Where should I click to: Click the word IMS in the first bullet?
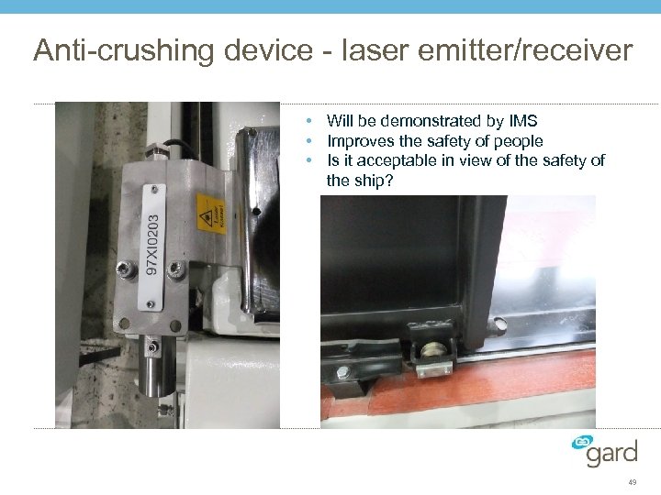pos(521,121)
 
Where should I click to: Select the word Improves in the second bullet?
pos(358,141)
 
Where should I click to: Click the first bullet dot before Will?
pos(313,121)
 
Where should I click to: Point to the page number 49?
pos(633,482)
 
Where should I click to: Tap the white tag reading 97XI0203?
pos(153,246)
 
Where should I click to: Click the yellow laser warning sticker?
pos(210,215)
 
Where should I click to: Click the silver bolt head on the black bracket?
pos(343,372)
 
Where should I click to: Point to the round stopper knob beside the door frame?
pos(497,324)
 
